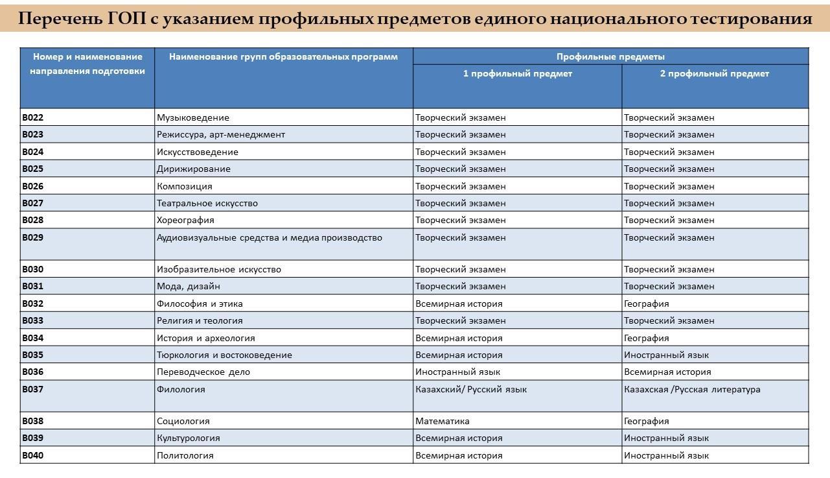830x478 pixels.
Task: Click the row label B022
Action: pyautogui.click(x=33, y=117)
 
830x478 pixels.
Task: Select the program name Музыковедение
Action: pyautogui.click(x=193, y=117)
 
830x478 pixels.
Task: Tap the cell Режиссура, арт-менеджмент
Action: pyautogui.click(x=221, y=134)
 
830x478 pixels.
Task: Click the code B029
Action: pyautogui.click(x=33, y=237)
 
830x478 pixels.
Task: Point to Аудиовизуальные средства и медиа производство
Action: pyautogui.click(x=270, y=237)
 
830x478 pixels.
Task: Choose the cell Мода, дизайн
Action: pyautogui.click(x=189, y=286)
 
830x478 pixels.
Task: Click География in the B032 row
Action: pyautogui.click(x=647, y=304)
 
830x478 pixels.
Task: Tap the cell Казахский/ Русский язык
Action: pyautogui.click(x=471, y=389)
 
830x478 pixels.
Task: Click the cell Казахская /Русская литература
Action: pyautogui.click(x=692, y=389)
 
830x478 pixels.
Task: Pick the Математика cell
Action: pyautogui.click(x=443, y=421)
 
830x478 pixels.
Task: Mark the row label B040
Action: pyautogui.click(x=33, y=455)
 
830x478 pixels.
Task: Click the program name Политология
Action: pyautogui.click(x=185, y=455)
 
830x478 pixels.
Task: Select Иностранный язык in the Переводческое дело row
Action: pyautogui.click(x=457, y=372)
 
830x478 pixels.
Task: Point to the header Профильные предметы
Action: pyautogui.click(x=610, y=56)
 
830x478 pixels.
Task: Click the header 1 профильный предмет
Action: pyautogui.click(x=518, y=73)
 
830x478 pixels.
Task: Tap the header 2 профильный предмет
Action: pyautogui.click(x=715, y=73)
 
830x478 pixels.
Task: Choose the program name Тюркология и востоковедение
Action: pyautogui.click(x=224, y=355)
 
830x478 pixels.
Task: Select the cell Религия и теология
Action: pyautogui.click(x=200, y=320)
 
